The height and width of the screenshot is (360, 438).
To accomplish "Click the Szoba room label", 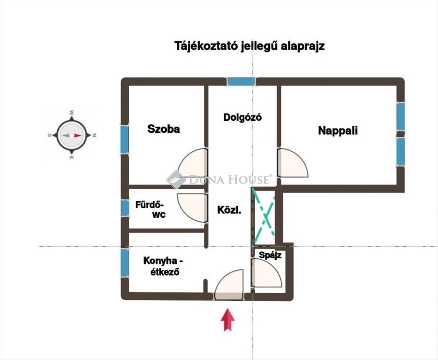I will [164, 129].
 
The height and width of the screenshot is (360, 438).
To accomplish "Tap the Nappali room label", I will [338, 130].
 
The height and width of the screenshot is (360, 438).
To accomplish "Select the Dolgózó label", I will [243, 117].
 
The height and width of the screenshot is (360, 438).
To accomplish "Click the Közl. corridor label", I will [229, 210].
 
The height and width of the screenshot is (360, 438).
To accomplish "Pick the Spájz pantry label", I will [270, 255].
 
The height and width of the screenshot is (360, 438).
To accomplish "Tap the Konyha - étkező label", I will [163, 266].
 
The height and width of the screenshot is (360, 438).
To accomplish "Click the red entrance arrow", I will [228, 320].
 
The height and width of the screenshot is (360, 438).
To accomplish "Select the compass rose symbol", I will [72, 135].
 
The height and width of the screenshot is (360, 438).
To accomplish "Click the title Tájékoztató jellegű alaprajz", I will [249, 47].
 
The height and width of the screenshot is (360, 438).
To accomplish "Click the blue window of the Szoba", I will [125, 139].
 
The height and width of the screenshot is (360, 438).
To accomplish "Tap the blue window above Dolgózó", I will [241, 81].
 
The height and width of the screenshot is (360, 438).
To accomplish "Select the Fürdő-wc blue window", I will [125, 208].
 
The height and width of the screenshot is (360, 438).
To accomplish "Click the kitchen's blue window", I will [125, 263].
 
